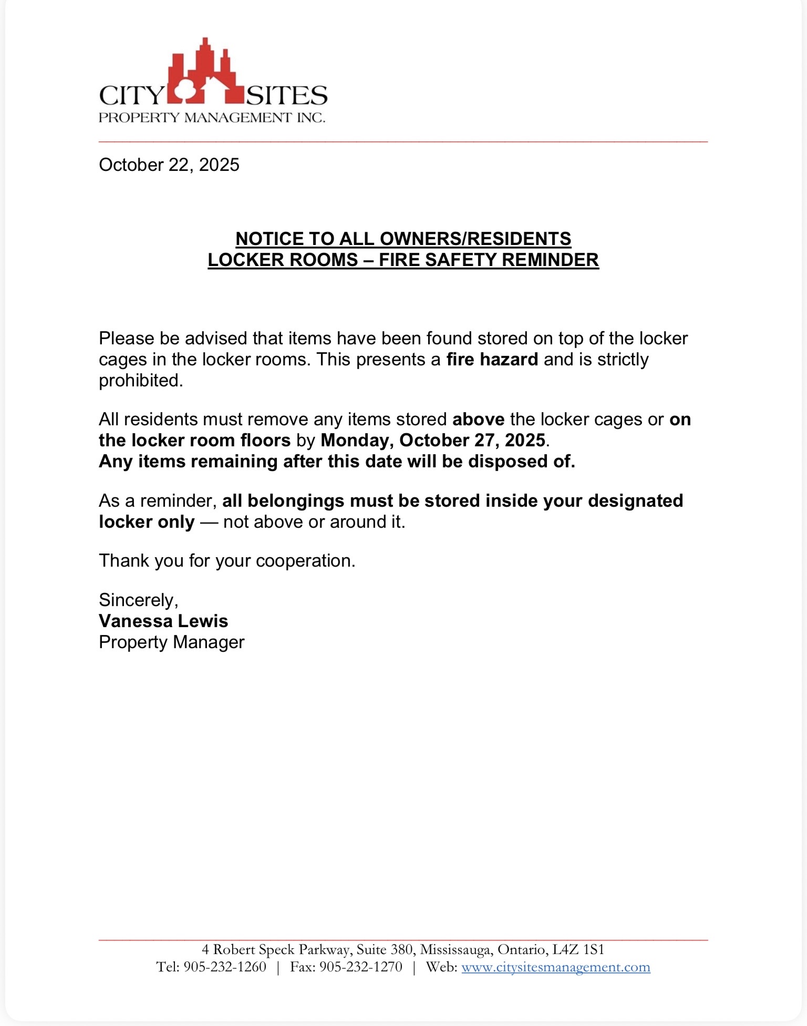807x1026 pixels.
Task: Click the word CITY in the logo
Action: [x=132, y=96]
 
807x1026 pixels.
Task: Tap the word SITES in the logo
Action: [x=287, y=96]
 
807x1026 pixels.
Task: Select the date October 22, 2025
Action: [x=169, y=165]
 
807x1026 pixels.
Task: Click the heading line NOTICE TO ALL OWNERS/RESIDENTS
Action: [x=403, y=239]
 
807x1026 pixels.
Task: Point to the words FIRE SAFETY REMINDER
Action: [x=489, y=260]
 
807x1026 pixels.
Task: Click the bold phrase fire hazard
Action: [x=492, y=360]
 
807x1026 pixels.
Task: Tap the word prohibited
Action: [x=140, y=381]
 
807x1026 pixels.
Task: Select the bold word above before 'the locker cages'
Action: [x=478, y=419]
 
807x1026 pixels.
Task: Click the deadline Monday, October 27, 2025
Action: [x=433, y=440]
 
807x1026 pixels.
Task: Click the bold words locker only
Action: [x=147, y=522]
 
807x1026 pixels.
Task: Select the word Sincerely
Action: [x=138, y=600]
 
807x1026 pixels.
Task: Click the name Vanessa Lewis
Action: [x=163, y=621]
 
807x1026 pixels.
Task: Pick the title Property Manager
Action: [x=171, y=642]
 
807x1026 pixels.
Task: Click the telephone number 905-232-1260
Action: [x=225, y=967]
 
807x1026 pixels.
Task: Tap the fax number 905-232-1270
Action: [x=361, y=967]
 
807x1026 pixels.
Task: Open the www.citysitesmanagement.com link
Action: [x=555, y=967]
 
